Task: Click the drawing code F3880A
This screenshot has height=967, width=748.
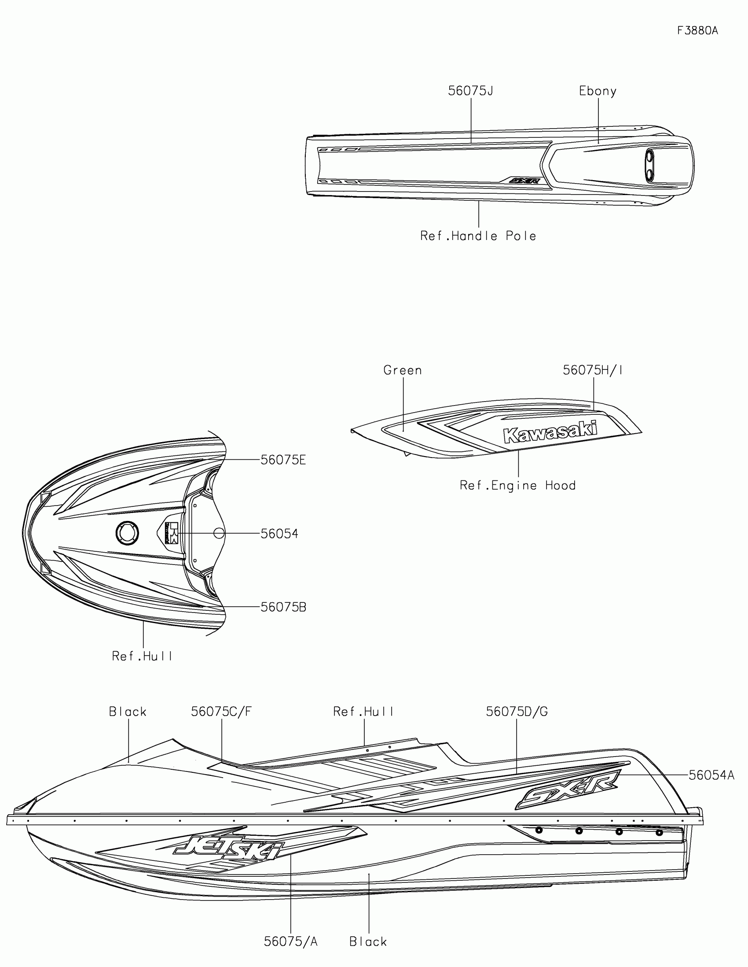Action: tap(697, 30)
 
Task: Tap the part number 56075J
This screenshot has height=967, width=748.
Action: tap(470, 91)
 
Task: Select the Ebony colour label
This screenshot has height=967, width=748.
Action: tap(598, 91)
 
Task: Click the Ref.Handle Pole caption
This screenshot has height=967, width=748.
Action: tap(478, 236)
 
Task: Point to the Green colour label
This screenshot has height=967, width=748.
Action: tap(403, 370)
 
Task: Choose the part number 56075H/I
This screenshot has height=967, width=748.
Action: tap(593, 370)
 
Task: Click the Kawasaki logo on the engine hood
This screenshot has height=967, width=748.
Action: tap(550, 432)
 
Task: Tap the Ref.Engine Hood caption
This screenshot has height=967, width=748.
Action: tap(517, 485)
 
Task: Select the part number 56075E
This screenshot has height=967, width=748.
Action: tap(283, 460)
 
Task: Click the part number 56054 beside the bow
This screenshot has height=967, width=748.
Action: tap(279, 534)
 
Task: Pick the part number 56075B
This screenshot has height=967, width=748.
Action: tap(283, 607)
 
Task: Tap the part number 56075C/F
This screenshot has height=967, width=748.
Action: tap(221, 712)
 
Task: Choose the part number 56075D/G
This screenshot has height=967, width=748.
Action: tap(517, 712)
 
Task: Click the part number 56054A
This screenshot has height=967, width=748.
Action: tap(711, 775)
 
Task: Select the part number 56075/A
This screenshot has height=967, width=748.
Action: tap(290, 941)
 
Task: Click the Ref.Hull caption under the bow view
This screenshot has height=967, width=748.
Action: tap(142, 656)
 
